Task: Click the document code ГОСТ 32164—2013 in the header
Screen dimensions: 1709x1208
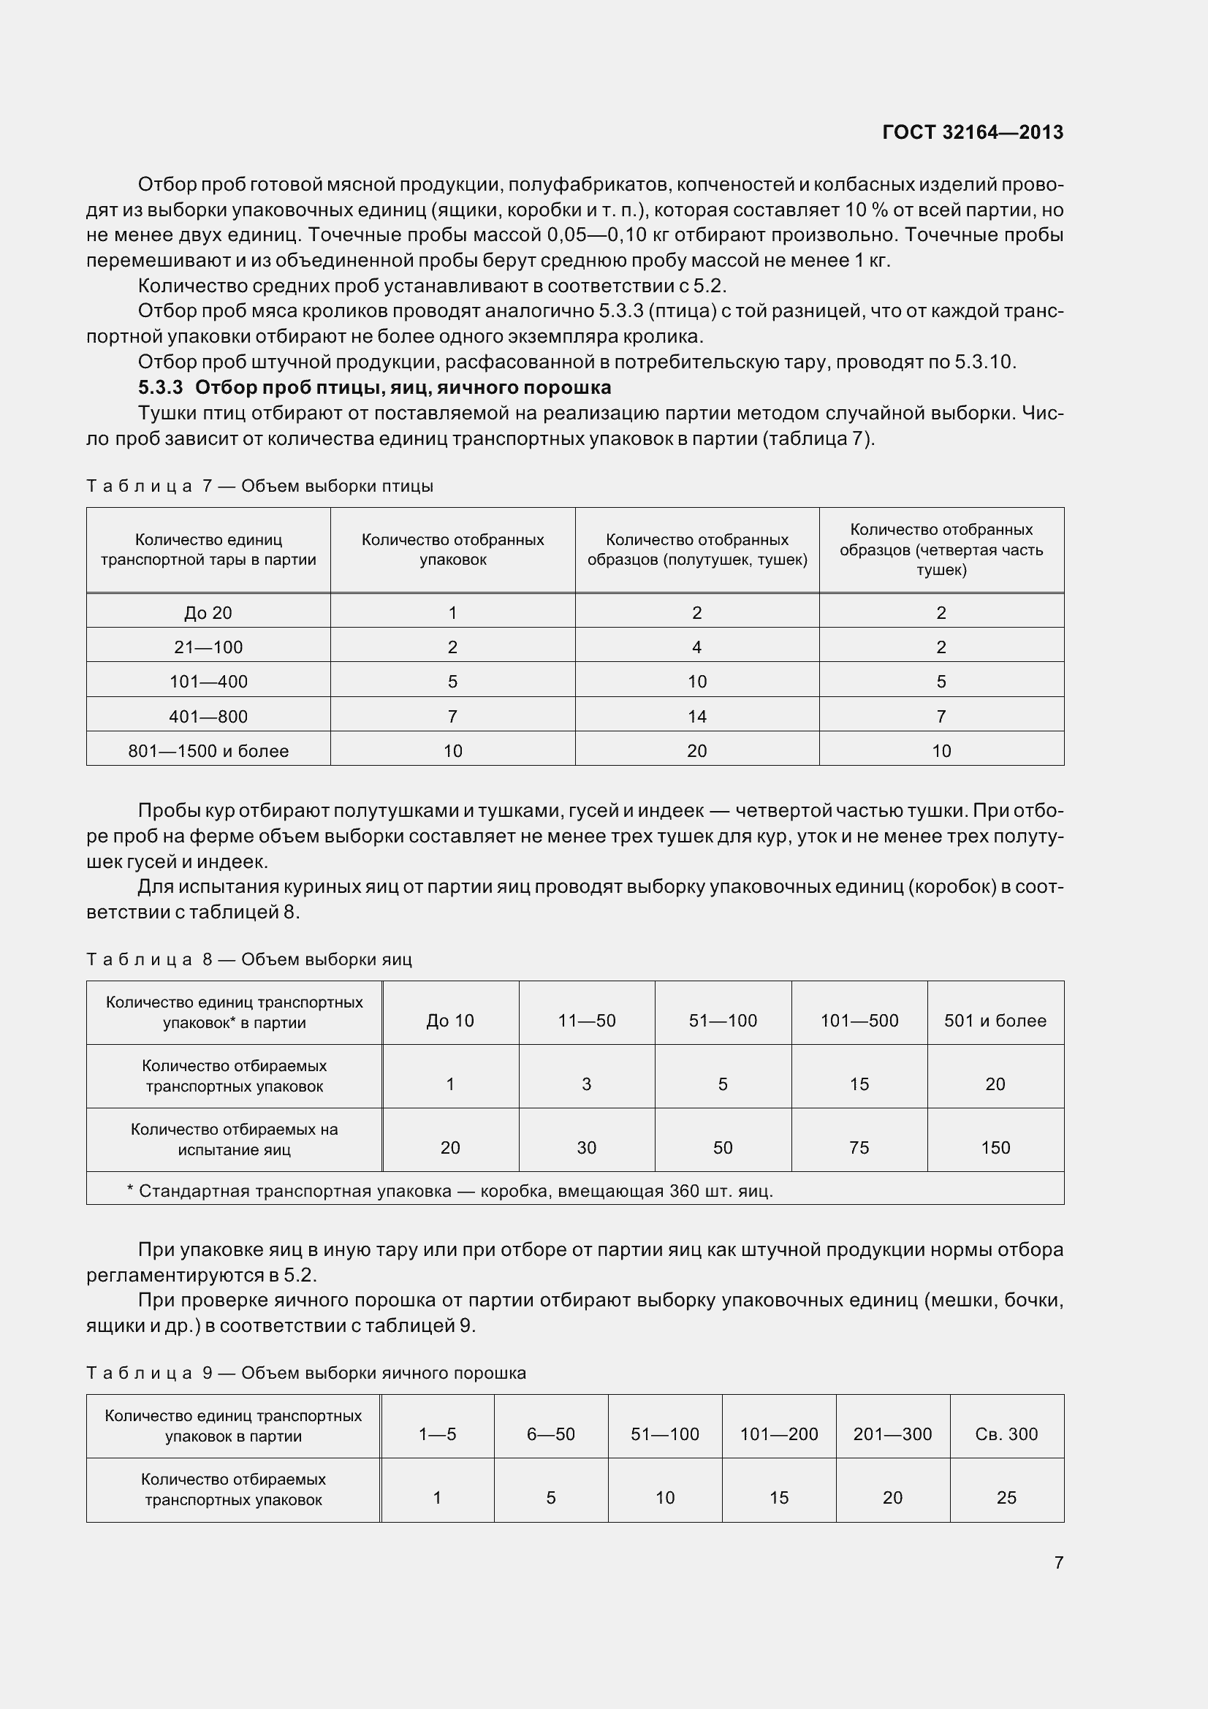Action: (x=972, y=132)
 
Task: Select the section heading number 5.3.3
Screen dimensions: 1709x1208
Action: (x=160, y=388)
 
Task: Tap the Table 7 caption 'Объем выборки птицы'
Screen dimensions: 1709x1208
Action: (x=336, y=486)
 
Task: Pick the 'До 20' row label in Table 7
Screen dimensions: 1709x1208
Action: (x=208, y=612)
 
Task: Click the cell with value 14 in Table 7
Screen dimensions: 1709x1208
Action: (x=696, y=716)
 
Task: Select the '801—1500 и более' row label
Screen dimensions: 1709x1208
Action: (x=208, y=750)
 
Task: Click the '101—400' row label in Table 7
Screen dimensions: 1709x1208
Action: (x=208, y=681)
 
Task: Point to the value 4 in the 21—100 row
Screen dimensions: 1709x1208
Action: (x=696, y=647)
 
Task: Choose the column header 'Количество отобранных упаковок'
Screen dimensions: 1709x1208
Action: (x=452, y=549)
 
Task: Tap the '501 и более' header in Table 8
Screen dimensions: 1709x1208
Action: (x=995, y=1021)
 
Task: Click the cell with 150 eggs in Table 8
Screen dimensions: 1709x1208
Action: (x=995, y=1148)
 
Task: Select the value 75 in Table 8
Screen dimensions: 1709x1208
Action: (x=859, y=1148)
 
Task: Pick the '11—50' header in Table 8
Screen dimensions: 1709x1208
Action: (x=587, y=1021)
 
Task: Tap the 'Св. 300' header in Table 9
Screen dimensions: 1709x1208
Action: (x=1006, y=1434)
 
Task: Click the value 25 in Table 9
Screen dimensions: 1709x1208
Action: (x=1006, y=1497)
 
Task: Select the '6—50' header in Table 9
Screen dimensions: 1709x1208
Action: (x=551, y=1434)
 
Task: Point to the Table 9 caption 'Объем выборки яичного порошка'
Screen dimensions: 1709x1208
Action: (x=384, y=1373)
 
